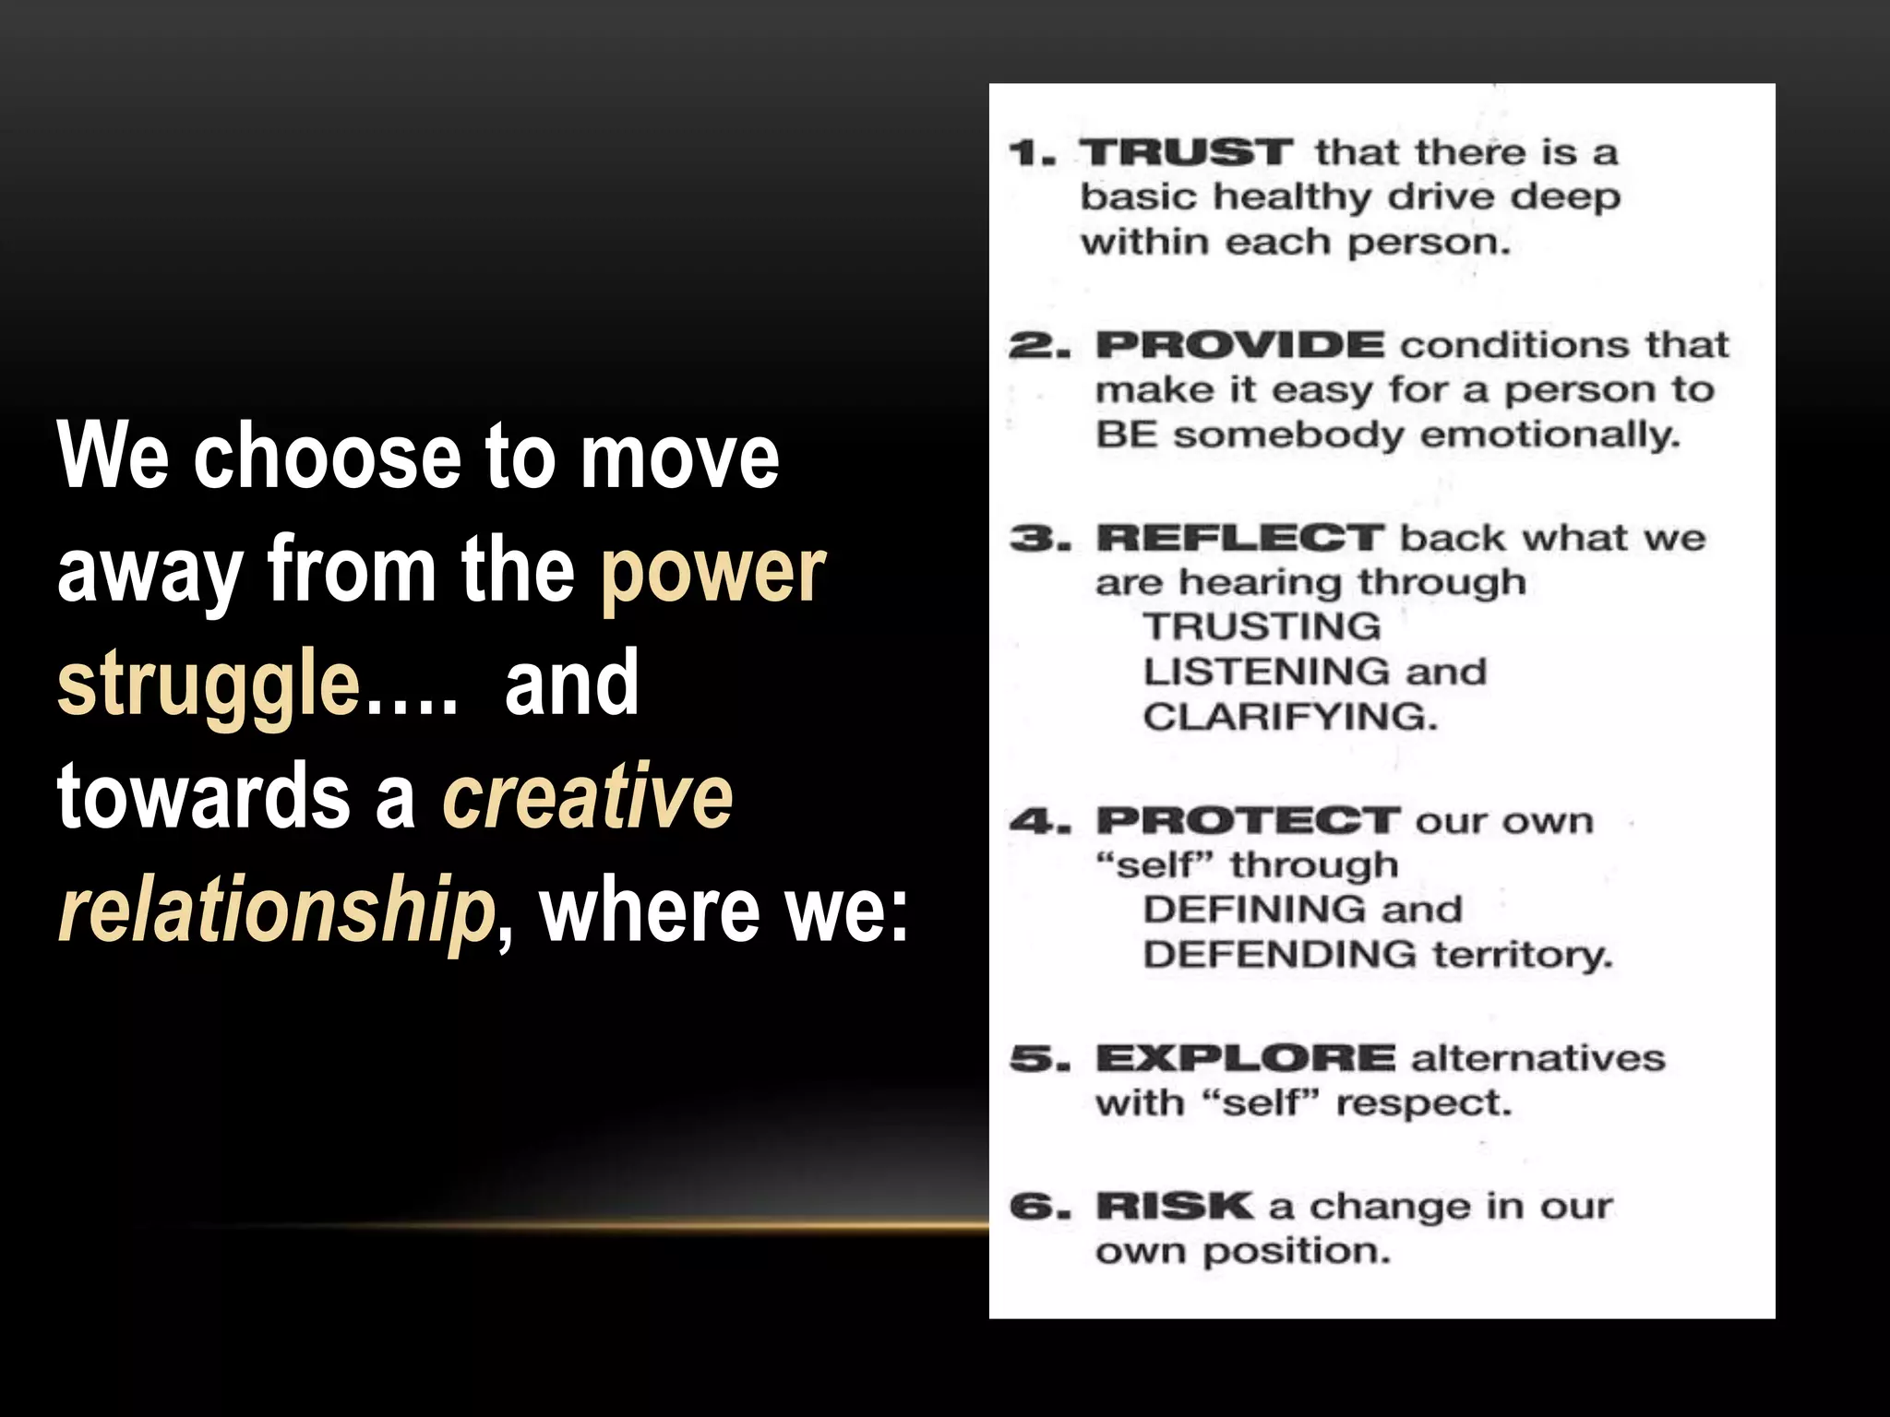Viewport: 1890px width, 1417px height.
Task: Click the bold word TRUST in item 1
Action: [x=1186, y=152]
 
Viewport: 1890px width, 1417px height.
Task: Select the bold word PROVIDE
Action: [x=1239, y=345]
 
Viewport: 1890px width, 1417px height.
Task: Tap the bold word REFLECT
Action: [x=1239, y=538]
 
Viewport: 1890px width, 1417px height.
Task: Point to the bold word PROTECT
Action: [x=1248, y=820]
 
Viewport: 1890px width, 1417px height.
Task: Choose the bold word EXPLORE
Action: [x=1246, y=1058]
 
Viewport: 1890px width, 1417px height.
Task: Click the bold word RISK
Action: [x=1174, y=1206]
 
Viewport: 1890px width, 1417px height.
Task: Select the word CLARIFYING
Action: [x=1290, y=717]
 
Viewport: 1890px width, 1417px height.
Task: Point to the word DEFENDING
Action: [x=1278, y=954]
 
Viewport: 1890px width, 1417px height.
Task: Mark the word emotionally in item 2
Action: [x=1550, y=435]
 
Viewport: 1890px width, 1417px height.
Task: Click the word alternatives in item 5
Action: [x=1538, y=1058]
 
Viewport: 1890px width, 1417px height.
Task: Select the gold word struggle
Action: [x=209, y=683]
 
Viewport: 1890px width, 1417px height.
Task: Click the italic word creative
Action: [x=588, y=796]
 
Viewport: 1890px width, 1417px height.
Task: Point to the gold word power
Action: [x=712, y=569]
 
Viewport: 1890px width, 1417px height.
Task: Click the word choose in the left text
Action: [x=327, y=456]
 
